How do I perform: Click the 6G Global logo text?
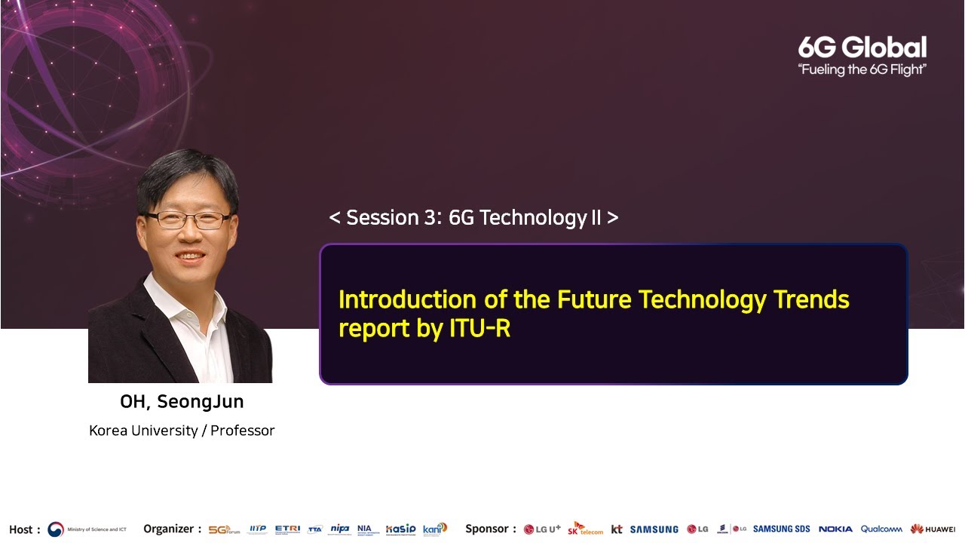pos(862,48)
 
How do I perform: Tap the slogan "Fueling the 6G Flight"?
pos(862,70)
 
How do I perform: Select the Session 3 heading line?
pos(473,218)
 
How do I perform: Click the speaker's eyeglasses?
pos(188,220)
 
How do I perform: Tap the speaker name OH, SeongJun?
pos(182,402)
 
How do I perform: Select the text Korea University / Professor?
pos(182,431)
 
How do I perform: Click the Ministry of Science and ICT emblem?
pos(56,529)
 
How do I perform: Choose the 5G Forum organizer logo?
pos(223,529)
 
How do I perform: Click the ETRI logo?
pos(287,529)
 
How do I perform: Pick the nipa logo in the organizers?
pos(340,529)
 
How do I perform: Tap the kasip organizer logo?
pos(400,529)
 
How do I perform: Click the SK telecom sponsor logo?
pos(586,529)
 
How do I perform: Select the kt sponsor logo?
pos(617,529)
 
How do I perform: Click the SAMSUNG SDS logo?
pos(781,529)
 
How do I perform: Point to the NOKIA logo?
pos(835,529)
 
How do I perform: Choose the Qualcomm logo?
pos(881,529)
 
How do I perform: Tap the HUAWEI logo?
pos(933,529)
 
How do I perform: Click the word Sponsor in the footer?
pos(487,529)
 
